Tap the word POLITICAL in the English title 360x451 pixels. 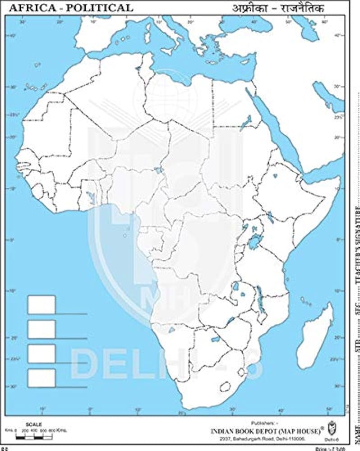[100, 7]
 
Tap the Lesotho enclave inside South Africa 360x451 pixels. [224, 387]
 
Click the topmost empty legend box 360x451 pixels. [42, 305]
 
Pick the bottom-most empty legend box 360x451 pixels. [42, 378]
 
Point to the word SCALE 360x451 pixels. [34, 424]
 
